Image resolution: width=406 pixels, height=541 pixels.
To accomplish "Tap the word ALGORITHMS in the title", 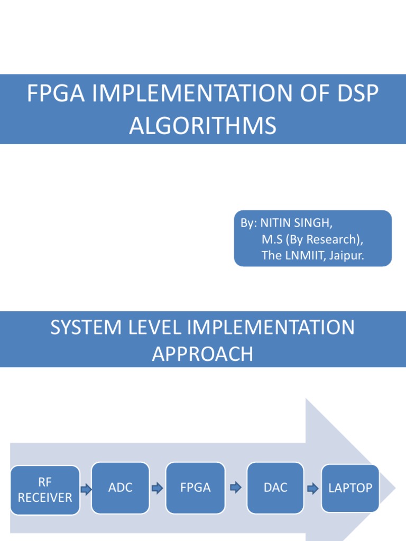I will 203,126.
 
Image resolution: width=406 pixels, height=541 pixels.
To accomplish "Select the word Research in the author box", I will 331,239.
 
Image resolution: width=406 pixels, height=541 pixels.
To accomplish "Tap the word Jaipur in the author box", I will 346,256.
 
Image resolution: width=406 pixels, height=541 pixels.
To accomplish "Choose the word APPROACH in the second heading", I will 203,354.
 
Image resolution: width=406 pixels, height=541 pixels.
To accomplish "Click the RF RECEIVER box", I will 45,490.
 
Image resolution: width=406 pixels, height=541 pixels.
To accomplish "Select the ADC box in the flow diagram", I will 121,488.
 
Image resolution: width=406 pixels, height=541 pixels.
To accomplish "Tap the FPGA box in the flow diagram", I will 195,488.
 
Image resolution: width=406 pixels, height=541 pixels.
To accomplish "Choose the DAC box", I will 275,488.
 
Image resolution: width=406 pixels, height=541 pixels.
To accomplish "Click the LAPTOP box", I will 350,488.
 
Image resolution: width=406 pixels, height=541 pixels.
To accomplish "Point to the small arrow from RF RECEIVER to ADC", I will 86,490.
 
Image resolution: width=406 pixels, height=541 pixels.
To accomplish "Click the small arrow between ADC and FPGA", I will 157,489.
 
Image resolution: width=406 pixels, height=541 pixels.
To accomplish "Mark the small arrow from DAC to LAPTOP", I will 313,489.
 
